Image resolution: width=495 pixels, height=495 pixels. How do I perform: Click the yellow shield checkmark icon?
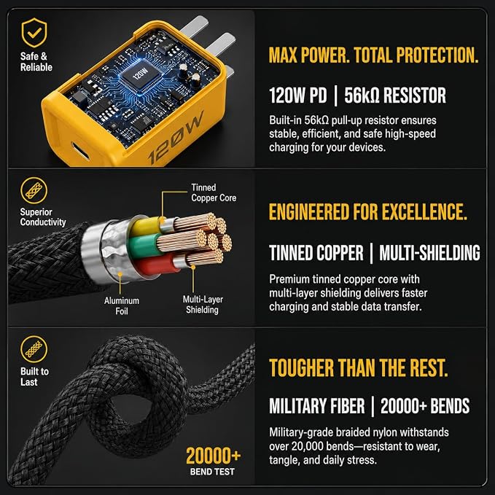(34, 33)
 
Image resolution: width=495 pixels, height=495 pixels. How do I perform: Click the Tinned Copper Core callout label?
(214, 192)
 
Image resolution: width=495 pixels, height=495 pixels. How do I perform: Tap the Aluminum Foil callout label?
(122, 305)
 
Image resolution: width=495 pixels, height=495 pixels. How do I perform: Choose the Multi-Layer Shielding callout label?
(203, 304)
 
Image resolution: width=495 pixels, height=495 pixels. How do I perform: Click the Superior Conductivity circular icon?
(34, 191)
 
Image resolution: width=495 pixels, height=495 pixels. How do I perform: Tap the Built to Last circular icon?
(34, 349)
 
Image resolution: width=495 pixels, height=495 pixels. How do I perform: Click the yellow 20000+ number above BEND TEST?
(214, 456)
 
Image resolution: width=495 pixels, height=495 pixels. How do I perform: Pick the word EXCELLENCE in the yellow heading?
(424, 211)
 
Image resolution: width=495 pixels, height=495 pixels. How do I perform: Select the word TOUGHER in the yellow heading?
(301, 368)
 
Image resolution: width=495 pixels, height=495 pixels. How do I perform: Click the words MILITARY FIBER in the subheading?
(316, 406)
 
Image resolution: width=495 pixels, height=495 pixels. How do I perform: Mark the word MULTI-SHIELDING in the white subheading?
(429, 253)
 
